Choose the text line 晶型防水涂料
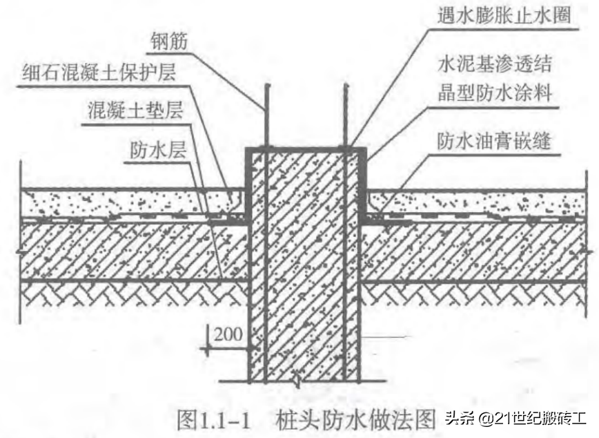click(495, 93)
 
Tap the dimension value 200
click(228, 334)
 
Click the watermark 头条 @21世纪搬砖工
click(515, 419)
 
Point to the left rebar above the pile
click(266, 117)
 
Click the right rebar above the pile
click(344, 117)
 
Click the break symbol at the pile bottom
click(295, 379)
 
